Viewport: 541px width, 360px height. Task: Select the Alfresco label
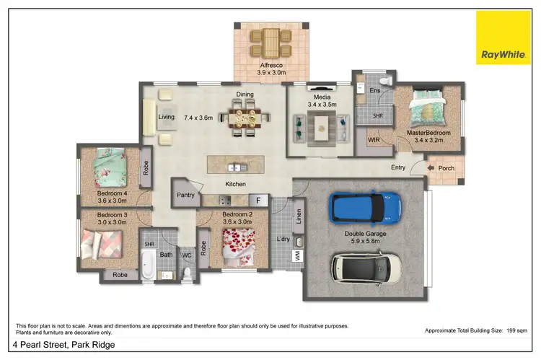pyautogui.click(x=271, y=65)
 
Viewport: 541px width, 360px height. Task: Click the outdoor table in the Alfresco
pyautogui.click(x=271, y=42)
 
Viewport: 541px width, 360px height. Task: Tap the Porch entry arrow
pyautogui.click(x=430, y=168)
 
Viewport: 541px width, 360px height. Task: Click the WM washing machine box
pyautogui.click(x=297, y=255)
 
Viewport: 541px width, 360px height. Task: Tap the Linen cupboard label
pyautogui.click(x=299, y=215)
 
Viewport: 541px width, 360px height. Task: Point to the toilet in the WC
pyautogui.click(x=187, y=272)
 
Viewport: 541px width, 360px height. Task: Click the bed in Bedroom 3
pyautogui.click(x=99, y=245)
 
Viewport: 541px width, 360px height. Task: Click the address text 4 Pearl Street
pyautogui.click(x=63, y=345)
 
